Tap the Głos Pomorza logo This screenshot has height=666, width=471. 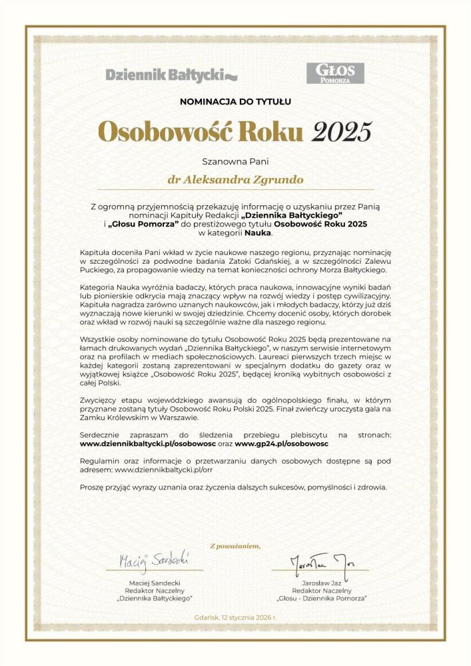(x=335, y=73)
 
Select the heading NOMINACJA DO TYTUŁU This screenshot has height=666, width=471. (x=236, y=102)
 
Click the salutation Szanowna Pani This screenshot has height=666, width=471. (x=235, y=161)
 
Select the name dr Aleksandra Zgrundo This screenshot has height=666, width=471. (x=235, y=180)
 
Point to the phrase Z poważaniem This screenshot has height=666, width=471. (x=235, y=546)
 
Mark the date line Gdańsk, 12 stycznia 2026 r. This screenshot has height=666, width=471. (x=235, y=617)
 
